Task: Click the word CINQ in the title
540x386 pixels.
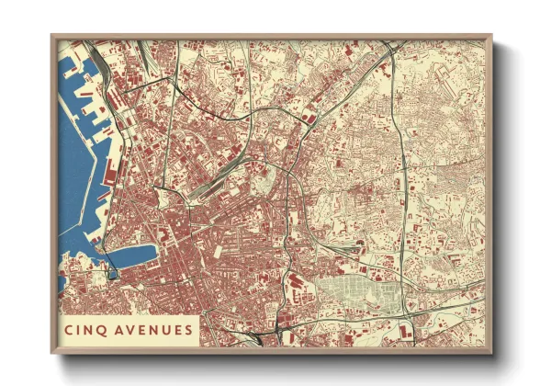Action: (x=84, y=329)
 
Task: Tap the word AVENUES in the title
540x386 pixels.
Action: (x=152, y=329)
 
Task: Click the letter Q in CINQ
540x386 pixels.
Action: (x=102, y=329)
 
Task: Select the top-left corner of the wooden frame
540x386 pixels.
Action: (x=52, y=36)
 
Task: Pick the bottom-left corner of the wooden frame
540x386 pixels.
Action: (x=52, y=354)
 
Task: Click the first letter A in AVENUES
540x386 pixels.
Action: (x=117, y=329)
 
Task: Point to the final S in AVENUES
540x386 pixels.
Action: (x=188, y=329)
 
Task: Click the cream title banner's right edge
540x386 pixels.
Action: (x=199, y=329)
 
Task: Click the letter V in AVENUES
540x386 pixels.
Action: (x=129, y=329)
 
